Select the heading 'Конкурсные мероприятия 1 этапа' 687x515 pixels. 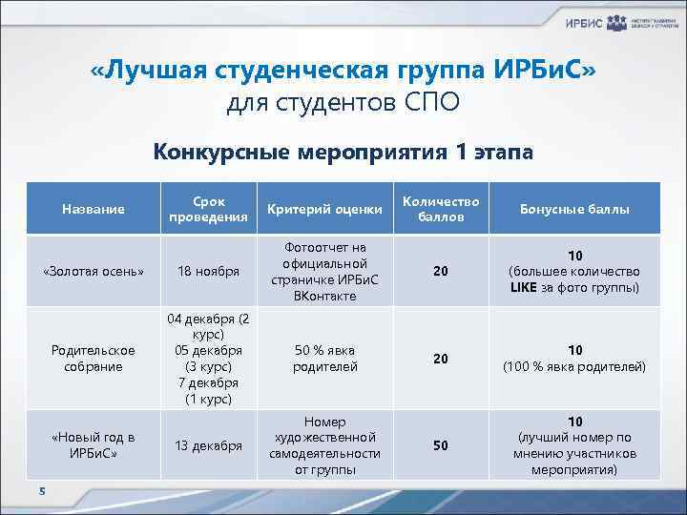343,152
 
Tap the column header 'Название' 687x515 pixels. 94,209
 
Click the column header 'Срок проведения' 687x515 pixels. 208,209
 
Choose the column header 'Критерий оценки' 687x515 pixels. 324,209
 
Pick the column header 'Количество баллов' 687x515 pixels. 440,209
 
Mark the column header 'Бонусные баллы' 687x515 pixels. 574,209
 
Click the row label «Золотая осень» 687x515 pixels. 94,271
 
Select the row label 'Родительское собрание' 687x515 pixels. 94,358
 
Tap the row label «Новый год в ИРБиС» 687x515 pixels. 94,444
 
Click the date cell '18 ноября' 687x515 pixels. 208,271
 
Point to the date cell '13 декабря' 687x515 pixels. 208,445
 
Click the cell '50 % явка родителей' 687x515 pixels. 324,358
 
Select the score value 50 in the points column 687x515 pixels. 440,445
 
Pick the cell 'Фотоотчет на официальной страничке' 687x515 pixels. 324,271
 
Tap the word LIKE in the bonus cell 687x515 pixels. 524,287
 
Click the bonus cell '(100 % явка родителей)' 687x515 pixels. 574,366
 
